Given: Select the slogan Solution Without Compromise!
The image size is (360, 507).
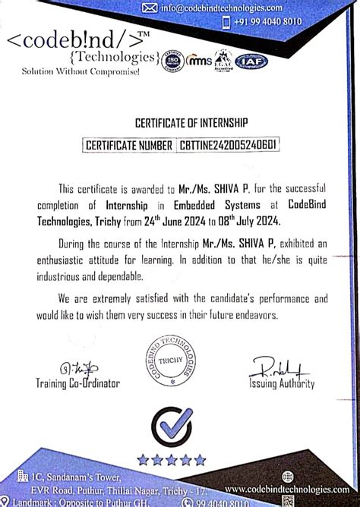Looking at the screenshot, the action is (70, 71).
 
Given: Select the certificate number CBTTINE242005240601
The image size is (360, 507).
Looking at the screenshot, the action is (227, 143).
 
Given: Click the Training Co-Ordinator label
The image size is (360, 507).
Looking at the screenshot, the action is (77, 384).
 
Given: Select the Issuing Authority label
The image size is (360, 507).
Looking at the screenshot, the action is (281, 384).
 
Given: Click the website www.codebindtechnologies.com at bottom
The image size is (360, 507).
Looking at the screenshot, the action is (279, 490).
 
